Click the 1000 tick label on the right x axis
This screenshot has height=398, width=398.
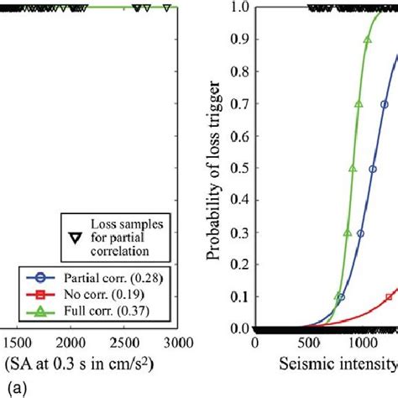tap(362, 345)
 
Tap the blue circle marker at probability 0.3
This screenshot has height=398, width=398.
tap(361, 234)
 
